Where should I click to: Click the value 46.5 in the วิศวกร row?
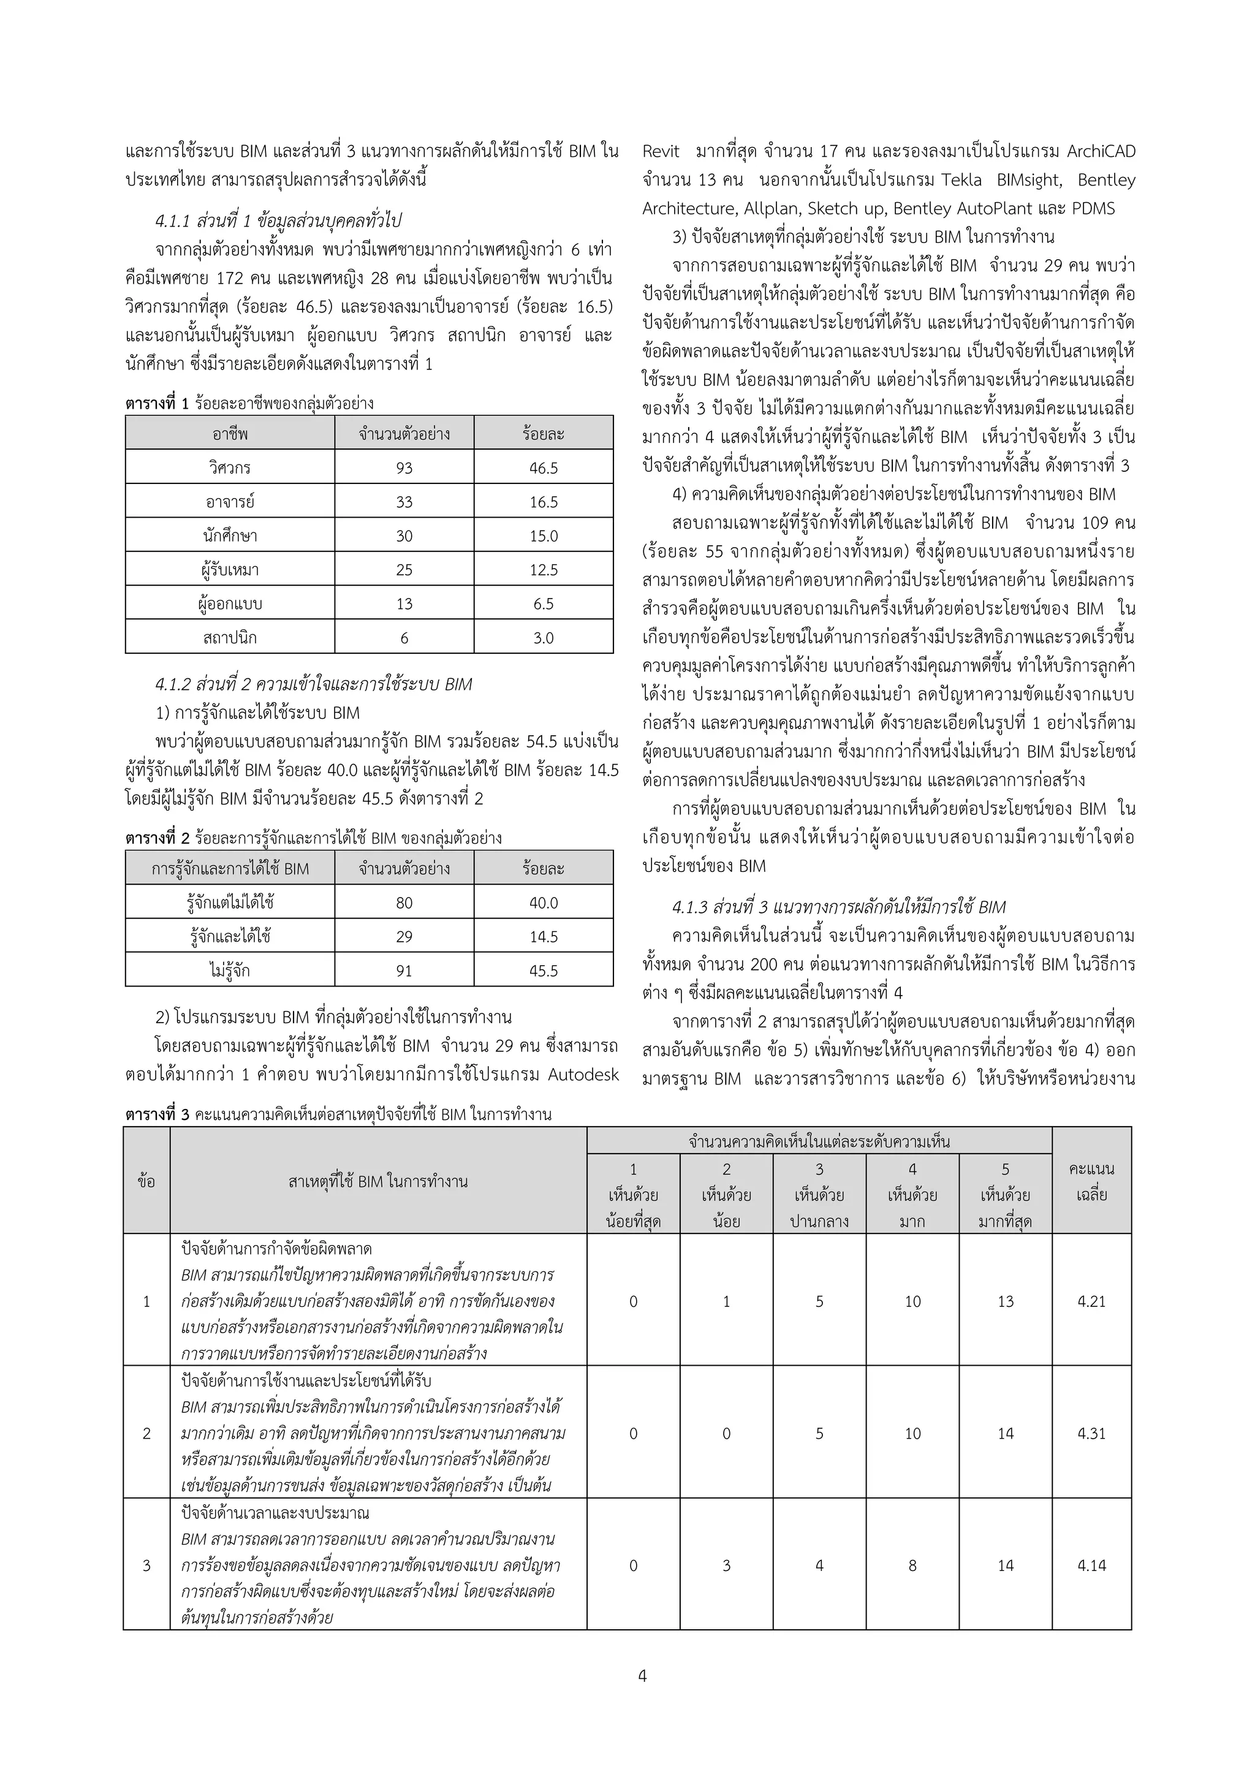coord(543,467)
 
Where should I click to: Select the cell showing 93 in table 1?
coord(404,467)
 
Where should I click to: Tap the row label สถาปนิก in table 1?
coord(230,638)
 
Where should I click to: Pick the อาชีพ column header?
coord(230,434)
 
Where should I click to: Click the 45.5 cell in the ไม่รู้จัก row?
coord(543,971)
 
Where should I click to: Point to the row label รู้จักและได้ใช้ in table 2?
coord(230,936)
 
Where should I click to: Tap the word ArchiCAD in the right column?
coord(1101,151)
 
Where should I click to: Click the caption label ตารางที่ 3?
coord(157,1114)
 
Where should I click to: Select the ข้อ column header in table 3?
coord(146,1181)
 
